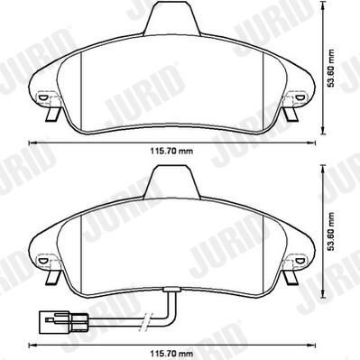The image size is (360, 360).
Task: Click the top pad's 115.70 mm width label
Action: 171,151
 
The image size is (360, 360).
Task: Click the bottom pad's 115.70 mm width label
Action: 171,354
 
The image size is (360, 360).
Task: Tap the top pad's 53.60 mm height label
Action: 331,68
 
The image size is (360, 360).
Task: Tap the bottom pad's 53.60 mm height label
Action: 331,232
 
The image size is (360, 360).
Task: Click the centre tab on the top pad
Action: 172,18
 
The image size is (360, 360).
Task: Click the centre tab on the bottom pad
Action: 172,181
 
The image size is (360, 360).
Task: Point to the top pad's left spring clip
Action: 53,115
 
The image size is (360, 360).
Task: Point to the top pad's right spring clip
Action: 291,115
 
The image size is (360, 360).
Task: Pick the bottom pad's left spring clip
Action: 53,277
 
